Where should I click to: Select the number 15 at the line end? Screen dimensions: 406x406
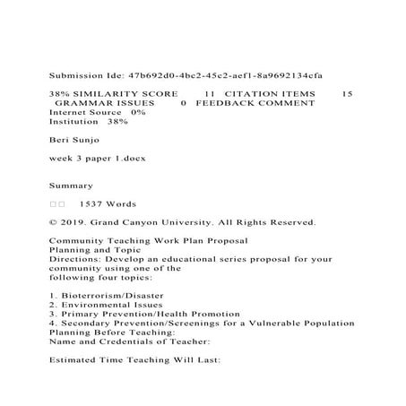(x=348, y=93)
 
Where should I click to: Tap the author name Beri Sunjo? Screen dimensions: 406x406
(x=73, y=140)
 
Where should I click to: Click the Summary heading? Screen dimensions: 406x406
(x=71, y=186)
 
